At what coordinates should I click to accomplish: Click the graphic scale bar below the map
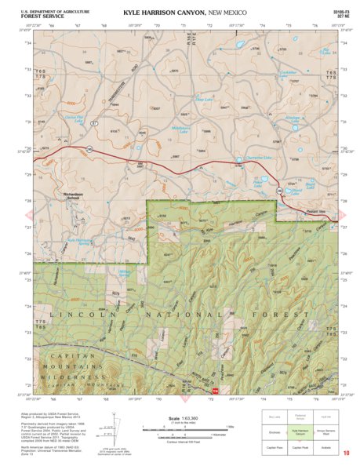coord(182,428)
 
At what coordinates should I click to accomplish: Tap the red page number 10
coord(345,453)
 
